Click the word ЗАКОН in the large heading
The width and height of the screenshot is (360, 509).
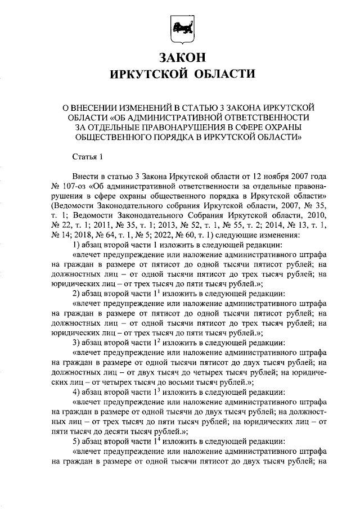click(180, 58)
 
